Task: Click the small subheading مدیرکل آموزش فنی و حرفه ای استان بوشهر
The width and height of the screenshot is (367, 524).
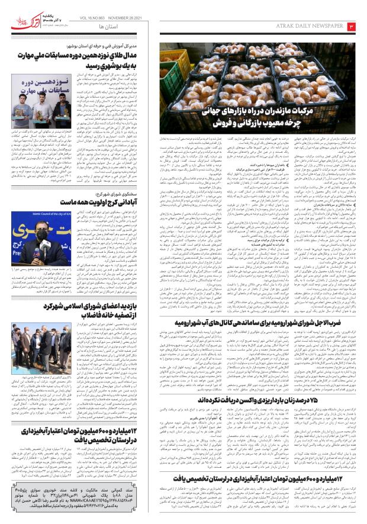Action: click(118, 44)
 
